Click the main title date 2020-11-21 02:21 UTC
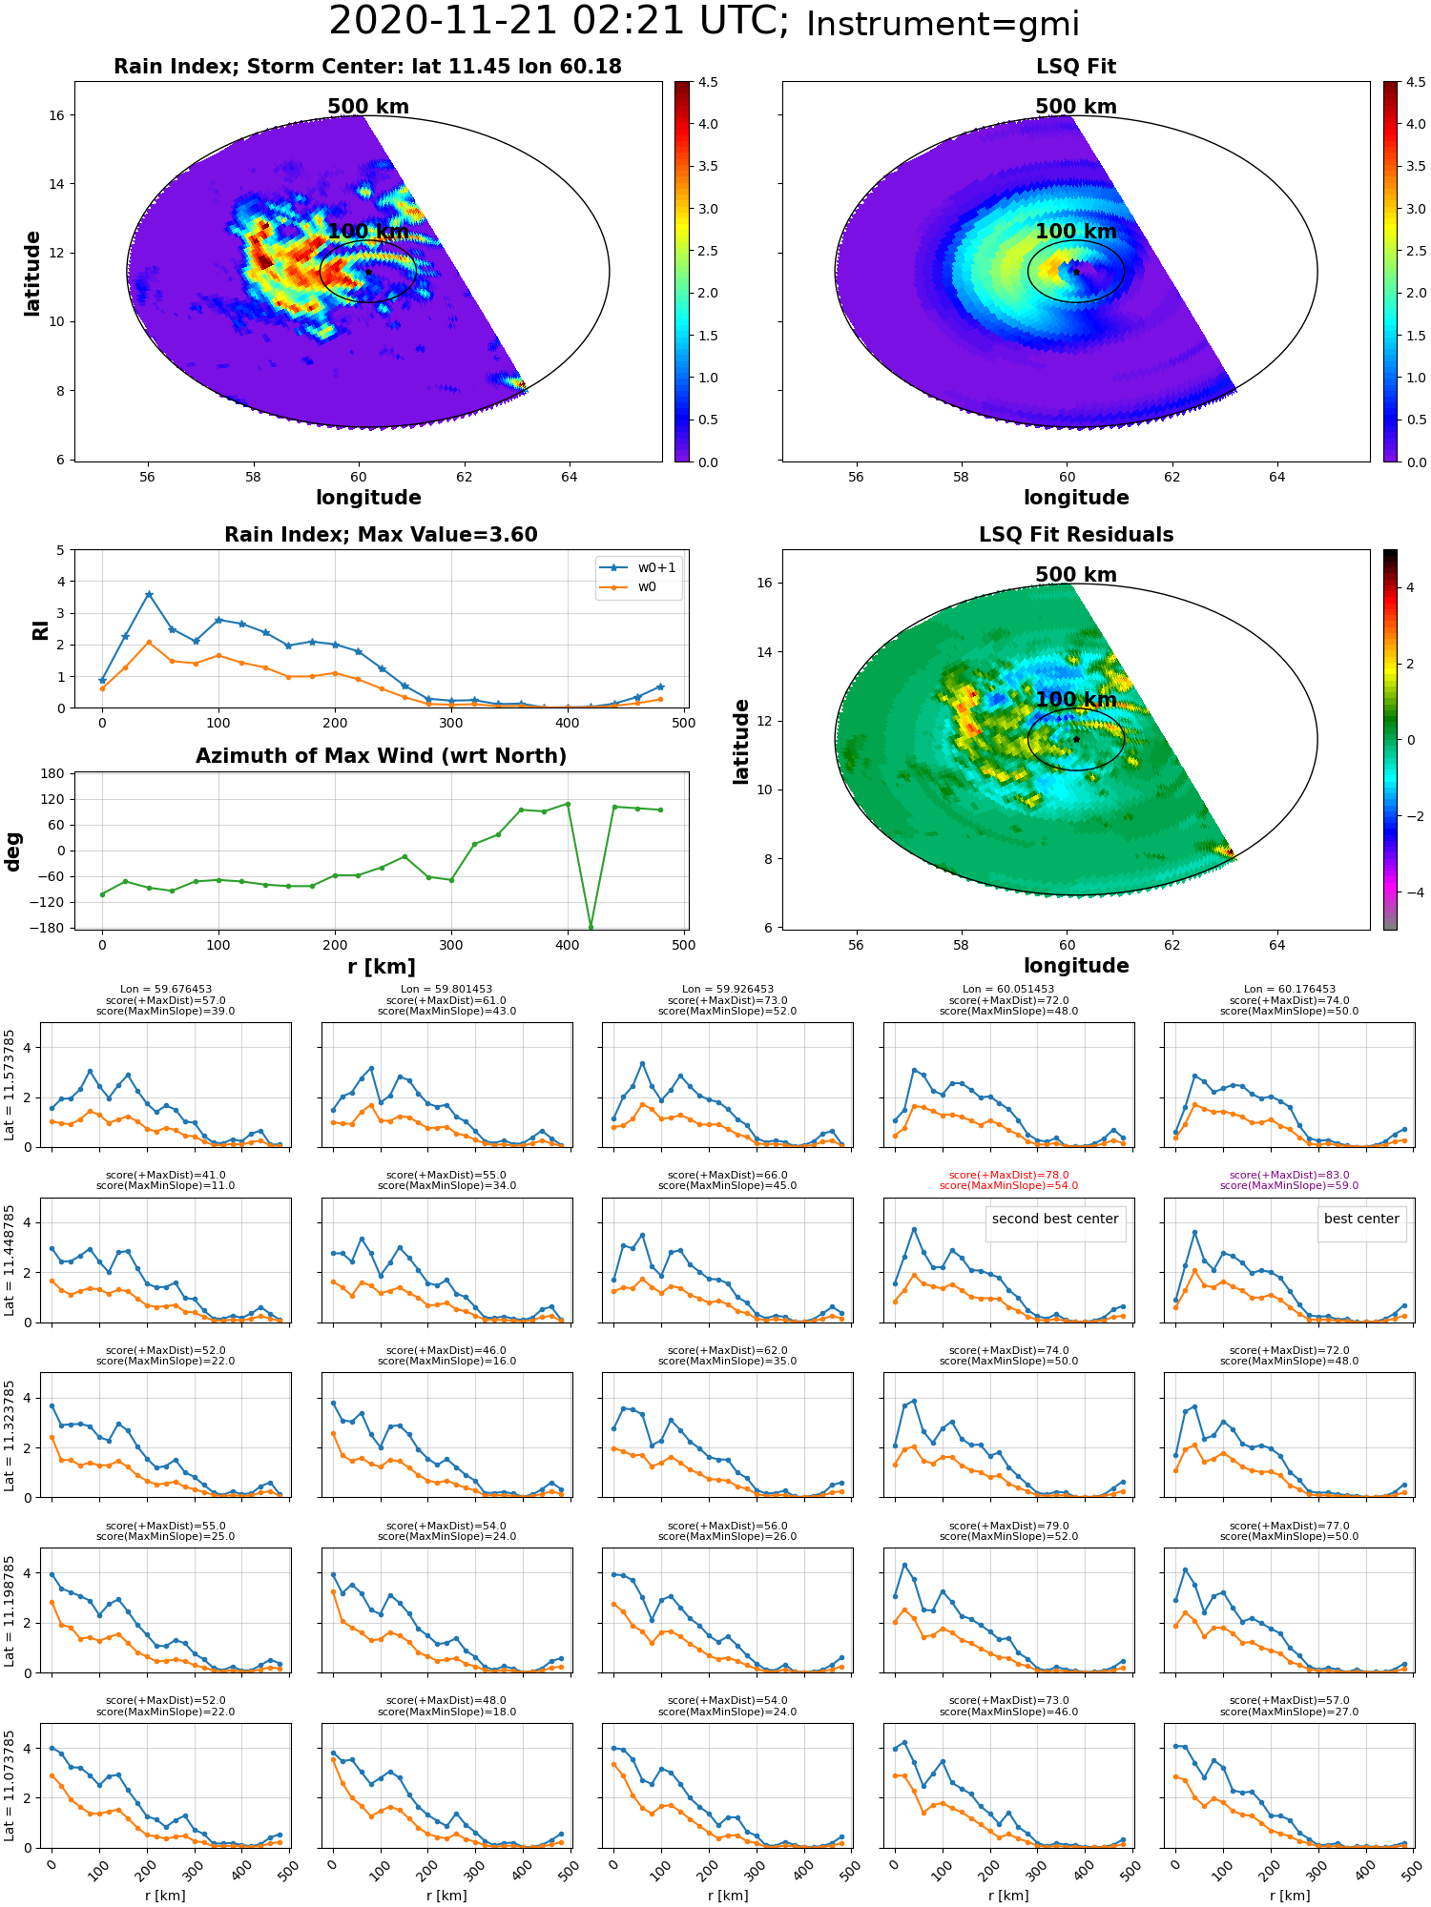click(x=558, y=22)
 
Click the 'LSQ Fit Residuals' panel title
click(x=1076, y=535)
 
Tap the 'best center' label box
click(x=1361, y=1220)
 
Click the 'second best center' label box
click(x=1055, y=1220)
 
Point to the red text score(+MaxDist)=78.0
click(x=1008, y=1176)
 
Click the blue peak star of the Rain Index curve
click(x=149, y=595)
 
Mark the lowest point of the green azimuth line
click(x=591, y=927)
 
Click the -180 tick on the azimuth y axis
click(x=52, y=928)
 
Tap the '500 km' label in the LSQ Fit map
click(x=1076, y=107)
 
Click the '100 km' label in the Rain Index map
click(x=368, y=232)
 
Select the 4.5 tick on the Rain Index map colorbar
click(x=708, y=83)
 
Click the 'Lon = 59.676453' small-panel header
click(x=166, y=990)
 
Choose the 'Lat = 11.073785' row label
click(x=10, y=1785)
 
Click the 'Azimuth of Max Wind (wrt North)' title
click(x=381, y=756)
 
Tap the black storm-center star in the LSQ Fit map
click(x=1076, y=272)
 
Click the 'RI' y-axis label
click(x=40, y=629)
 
